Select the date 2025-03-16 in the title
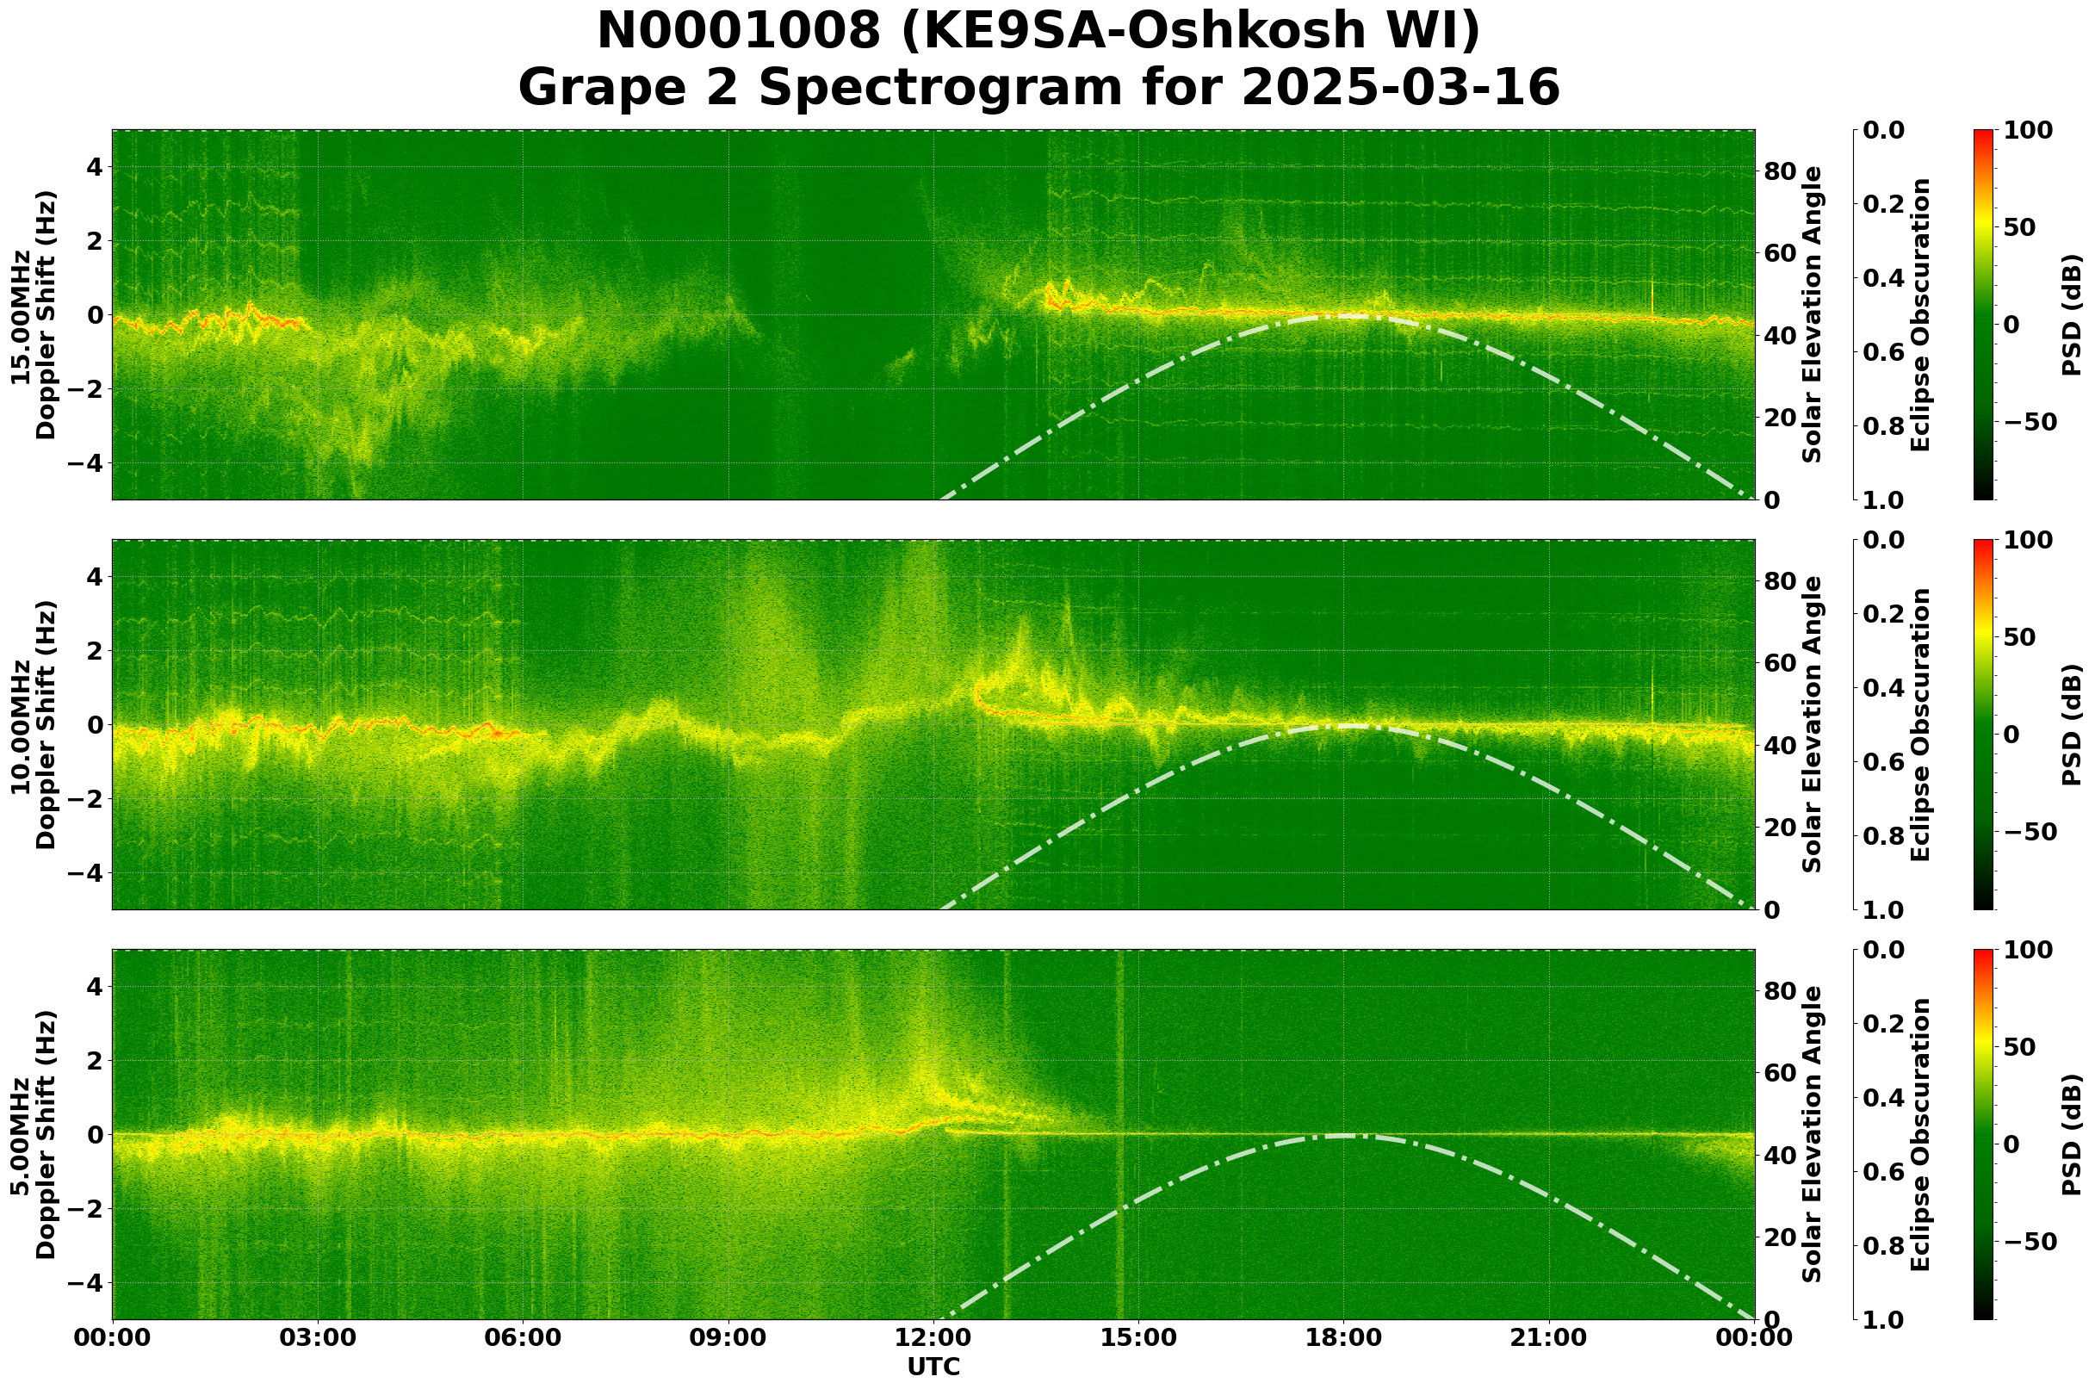pos(1399,89)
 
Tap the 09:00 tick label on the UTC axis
pos(728,1337)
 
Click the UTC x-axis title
pos(933,1367)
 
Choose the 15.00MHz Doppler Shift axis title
pos(33,314)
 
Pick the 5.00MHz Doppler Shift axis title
pos(33,1134)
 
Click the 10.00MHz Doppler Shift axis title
pos(33,724)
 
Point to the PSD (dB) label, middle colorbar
pos(2071,724)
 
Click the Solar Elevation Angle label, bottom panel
pos(1813,1134)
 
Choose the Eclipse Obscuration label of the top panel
pos(1919,314)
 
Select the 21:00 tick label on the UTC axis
pos(1548,1337)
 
